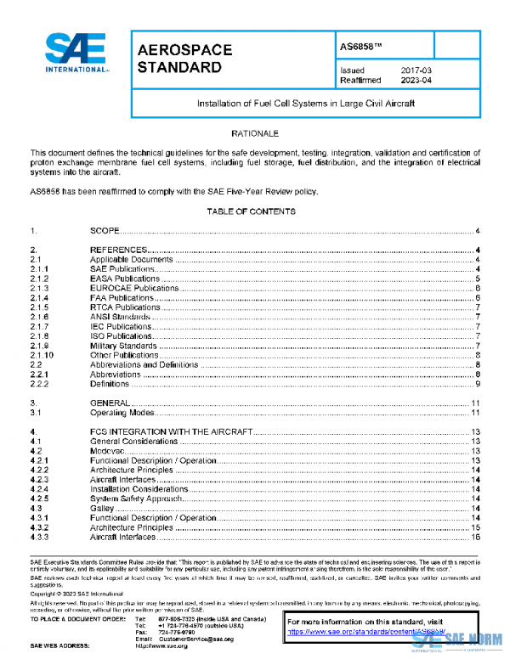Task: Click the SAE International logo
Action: tap(76, 55)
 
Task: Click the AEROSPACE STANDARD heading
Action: tap(184, 59)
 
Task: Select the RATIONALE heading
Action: tap(254, 134)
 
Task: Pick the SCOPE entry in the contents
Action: tap(106, 231)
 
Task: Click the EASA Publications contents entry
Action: tap(125, 279)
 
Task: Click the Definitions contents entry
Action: tap(111, 384)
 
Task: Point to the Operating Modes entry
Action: tap(122, 413)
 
